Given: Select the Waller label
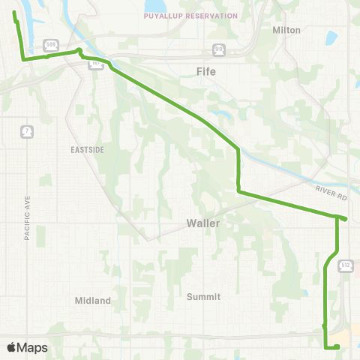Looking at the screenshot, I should (x=202, y=223).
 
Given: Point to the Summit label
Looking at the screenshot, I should (x=203, y=296).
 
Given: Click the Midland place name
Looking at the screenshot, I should (x=93, y=301).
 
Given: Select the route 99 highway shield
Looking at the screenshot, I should (x=218, y=49).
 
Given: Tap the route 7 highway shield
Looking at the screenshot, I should (x=26, y=130).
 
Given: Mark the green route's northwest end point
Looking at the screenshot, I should (x=14, y=13).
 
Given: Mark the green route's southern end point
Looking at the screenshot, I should (x=338, y=346).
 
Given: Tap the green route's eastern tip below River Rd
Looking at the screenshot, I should (x=345, y=218).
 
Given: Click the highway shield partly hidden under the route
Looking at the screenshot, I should (x=96, y=65).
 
